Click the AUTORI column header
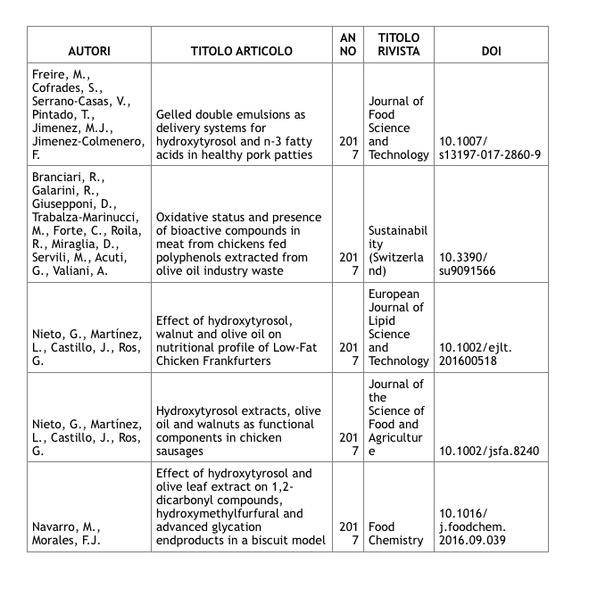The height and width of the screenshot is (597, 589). (88, 51)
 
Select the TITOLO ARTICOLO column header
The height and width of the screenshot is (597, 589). (242, 51)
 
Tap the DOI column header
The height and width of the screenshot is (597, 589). (491, 51)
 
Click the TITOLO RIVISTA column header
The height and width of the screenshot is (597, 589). (398, 45)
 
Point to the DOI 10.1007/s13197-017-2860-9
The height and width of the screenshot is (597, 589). (491, 148)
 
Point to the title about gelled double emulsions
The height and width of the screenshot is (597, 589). (238, 135)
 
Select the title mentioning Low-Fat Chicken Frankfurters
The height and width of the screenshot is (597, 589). (237, 341)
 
